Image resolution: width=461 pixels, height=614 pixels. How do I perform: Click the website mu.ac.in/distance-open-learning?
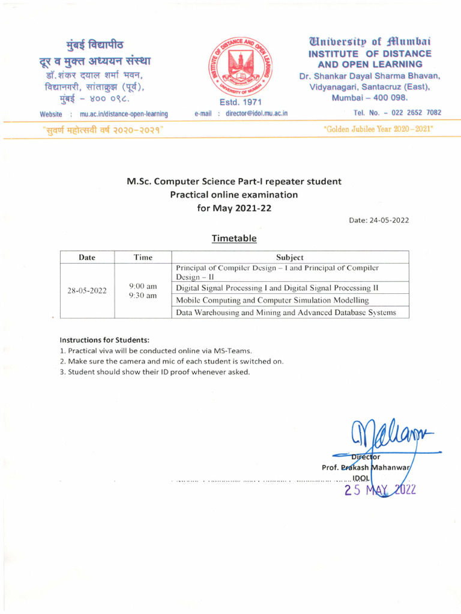[x=124, y=114]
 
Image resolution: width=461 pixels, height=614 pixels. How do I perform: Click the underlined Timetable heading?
[x=234, y=239]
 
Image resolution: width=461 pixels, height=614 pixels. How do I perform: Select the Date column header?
[x=87, y=257]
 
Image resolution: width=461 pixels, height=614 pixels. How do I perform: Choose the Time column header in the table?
[x=143, y=257]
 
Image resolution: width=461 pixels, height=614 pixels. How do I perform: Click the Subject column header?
[x=290, y=257]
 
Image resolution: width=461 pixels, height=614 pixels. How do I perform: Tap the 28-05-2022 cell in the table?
[x=87, y=291]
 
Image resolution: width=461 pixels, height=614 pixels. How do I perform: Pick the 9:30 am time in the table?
[x=143, y=296]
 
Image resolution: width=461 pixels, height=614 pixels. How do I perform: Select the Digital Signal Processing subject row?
[x=277, y=288]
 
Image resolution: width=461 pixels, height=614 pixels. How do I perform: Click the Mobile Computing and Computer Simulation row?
[x=273, y=300]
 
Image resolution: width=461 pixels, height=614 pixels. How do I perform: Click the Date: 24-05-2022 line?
[x=379, y=220]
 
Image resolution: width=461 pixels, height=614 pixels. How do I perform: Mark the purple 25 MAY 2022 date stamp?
[x=379, y=490]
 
